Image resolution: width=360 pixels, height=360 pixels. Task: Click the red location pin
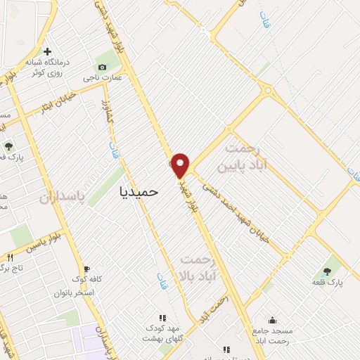(181, 165)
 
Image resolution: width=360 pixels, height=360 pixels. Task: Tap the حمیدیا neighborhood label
(140, 191)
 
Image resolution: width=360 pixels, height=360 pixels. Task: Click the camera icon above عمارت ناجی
(103, 67)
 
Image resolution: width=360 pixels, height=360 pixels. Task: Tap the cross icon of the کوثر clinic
(47, 51)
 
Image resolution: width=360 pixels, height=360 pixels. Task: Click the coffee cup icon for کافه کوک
(86, 269)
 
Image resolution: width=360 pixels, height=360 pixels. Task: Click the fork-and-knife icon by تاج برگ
(10, 257)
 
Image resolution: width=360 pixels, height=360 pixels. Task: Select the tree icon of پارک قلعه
(327, 271)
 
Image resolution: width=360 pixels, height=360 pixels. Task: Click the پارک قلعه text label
(327, 281)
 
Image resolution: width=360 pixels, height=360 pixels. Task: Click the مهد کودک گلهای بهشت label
(162, 333)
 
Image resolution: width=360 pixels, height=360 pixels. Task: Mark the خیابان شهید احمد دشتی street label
(240, 209)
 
